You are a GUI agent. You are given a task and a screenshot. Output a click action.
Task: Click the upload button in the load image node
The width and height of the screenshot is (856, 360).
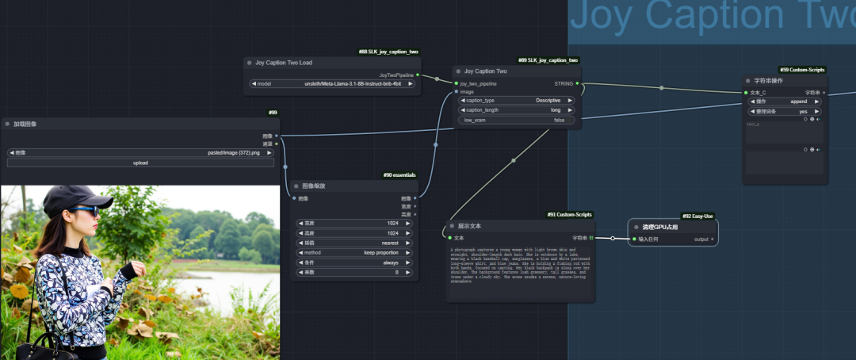[140, 163]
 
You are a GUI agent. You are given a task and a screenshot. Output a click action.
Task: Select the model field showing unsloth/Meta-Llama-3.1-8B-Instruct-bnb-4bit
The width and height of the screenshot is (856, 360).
[333, 83]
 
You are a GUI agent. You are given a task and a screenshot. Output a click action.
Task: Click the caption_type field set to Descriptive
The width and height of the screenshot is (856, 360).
[517, 101]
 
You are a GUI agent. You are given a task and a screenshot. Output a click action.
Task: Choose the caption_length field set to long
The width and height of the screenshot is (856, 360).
[517, 110]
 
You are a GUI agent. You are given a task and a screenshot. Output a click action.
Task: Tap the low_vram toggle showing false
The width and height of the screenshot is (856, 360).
[517, 121]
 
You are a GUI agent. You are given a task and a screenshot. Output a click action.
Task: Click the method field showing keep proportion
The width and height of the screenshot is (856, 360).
[353, 253]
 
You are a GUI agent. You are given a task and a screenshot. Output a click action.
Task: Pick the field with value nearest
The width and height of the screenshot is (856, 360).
[353, 243]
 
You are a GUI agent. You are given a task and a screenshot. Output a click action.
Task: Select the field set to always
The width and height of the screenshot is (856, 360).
[353, 262]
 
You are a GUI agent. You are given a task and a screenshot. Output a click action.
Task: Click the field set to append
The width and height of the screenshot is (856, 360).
[785, 101]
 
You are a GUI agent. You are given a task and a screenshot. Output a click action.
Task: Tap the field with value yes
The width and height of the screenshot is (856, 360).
[785, 112]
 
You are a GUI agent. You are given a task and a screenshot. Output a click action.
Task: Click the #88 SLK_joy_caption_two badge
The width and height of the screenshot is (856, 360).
[388, 52]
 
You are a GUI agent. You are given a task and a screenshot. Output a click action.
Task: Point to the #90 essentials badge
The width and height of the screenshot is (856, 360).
[399, 174]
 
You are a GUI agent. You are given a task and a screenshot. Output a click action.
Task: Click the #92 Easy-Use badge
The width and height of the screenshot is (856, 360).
[697, 216]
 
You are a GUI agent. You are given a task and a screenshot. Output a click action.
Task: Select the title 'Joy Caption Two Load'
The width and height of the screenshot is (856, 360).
[283, 62]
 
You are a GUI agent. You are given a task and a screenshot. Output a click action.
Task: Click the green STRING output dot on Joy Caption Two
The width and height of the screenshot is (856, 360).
[578, 82]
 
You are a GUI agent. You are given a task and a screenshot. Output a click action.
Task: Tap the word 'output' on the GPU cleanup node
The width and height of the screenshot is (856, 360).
[701, 238]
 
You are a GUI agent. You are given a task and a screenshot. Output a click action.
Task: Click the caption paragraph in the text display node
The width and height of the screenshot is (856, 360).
[520, 265]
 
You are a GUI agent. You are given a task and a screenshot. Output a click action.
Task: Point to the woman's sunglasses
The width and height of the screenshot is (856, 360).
[85, 210]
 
